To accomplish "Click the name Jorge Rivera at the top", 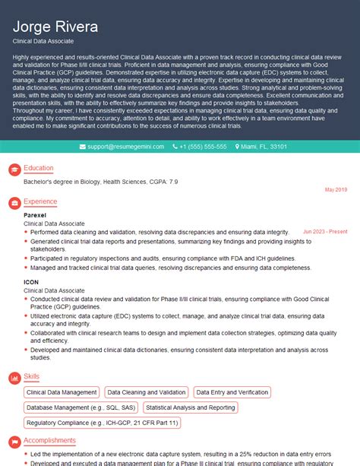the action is point(55,27).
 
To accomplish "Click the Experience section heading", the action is point(40,201).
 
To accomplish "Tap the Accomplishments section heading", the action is point(49,440).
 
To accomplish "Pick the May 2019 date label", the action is point(336,189).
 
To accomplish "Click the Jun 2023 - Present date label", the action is point(324,232).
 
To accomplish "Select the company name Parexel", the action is point(35,215).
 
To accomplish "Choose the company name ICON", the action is point(30,281).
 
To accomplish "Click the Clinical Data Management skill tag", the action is point(62,392).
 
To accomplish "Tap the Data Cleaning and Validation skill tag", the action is point(146,392).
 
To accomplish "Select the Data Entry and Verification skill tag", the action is point(232,392).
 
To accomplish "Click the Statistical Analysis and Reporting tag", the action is point(190,407).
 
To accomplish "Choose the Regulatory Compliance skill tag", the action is point(102,423).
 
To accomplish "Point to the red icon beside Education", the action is point(13,168).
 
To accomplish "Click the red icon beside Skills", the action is point(13,376).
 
